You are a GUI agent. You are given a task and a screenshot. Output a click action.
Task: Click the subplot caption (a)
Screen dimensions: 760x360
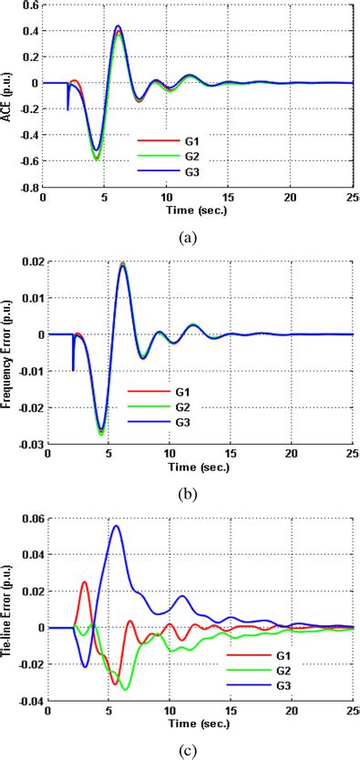186,238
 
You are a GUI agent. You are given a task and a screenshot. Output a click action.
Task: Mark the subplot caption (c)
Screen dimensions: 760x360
186,751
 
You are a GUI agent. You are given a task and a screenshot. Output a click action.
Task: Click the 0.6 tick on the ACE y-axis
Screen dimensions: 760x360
29,5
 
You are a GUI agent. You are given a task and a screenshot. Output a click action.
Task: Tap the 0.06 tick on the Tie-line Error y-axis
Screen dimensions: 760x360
32,518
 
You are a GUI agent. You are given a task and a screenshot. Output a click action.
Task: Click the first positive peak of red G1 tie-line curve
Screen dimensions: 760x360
84,581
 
